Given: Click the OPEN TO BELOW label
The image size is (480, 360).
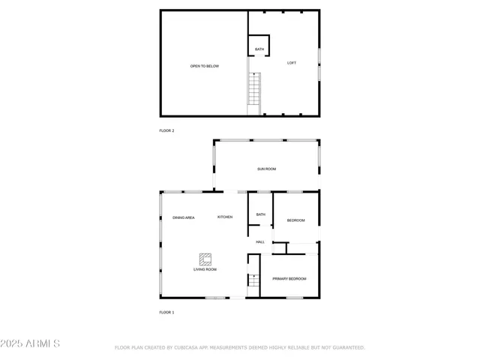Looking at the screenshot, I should coord(204,66).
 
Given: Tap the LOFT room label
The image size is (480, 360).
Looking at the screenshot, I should coord(292,63).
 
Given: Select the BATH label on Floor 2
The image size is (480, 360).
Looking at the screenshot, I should coord(259,49).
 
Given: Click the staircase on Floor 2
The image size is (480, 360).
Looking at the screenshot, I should coord(255,94).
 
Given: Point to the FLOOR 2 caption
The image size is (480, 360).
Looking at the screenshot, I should coord(166,130).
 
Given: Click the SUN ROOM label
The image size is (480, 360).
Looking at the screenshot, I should coord(267,169).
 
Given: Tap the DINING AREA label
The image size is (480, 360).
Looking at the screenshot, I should coord(184,217).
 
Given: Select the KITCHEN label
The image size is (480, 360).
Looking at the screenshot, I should coord(225,217).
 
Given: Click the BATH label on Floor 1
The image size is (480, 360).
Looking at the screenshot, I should coord(260,214).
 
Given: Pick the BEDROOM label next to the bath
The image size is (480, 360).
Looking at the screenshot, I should coord(296,220).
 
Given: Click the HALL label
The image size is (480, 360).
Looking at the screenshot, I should coord(260,242).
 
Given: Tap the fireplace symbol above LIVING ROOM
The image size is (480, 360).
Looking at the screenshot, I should coord(205,257).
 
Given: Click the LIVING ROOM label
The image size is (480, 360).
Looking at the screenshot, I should coord(205,269).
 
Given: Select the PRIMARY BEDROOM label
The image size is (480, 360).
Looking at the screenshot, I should coord(289,279).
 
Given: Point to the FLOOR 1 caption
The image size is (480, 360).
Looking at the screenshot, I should coord(166,312).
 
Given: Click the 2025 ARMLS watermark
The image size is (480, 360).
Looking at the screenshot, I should coord(31,343).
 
